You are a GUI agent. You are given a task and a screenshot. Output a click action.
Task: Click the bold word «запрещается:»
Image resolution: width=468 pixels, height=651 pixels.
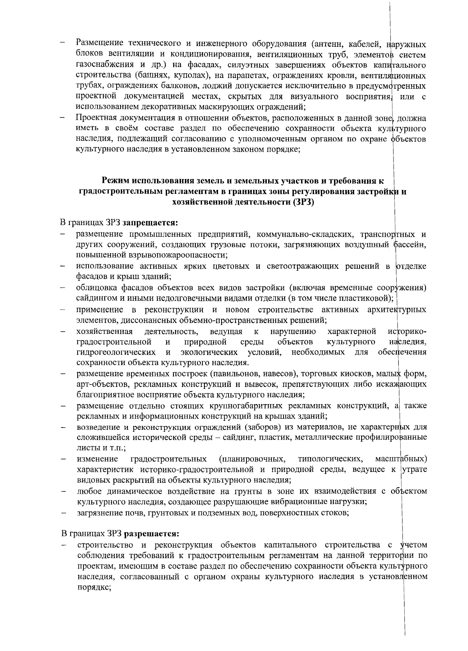tap(150, 224)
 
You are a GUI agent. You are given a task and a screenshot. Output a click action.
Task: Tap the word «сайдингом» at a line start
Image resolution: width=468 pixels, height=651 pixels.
tap(94, 299)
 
